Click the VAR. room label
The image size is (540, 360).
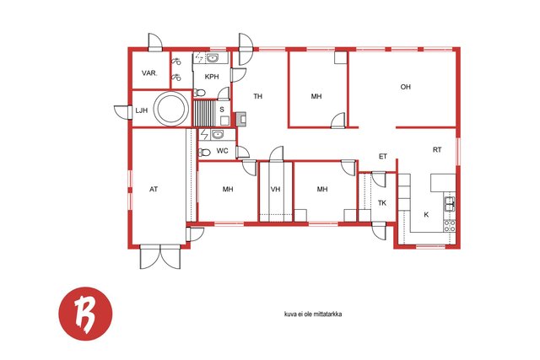[x=149, y=73]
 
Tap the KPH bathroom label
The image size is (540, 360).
[x=212, y=77]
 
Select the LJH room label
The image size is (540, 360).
[x=141, y=110]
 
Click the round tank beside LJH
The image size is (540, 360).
[x=171, y=109]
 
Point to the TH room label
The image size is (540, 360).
[x=258, y=96]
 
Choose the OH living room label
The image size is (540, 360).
[x=406, y=87]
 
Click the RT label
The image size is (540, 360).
[x=437, y=150]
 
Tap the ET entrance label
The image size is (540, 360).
[x=383, y=157]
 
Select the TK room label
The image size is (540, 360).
[x=382, y=203]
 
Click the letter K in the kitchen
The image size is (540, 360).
[x=426, y=215]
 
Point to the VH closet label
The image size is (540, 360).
[x=276, y=190]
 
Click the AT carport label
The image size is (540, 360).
[x=154, y=190]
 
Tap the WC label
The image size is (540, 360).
[x=222, y=151]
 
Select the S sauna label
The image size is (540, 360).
[x=222, y=110]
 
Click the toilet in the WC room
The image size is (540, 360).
[x=204, y=152]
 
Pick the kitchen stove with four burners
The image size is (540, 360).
[x=450, y=226]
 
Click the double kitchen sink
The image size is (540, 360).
[x=450, y=203]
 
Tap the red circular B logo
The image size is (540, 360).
[x=85, y=314]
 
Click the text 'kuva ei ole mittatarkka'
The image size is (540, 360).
[x=313, y=314]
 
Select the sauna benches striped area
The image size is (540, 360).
[x=205, y=113]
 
